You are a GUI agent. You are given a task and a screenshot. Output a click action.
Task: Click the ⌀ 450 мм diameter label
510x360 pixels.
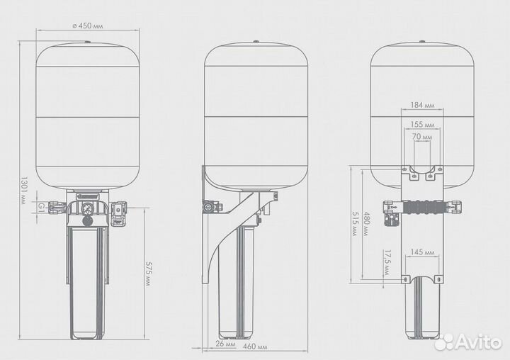[x=87, y=26]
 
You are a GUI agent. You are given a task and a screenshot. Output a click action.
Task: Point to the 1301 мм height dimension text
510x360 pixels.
[x=23, y=191]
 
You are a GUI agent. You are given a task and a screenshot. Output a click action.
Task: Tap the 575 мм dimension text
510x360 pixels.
[x=148, y=274]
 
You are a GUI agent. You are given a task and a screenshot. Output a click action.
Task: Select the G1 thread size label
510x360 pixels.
[x=41, y=206]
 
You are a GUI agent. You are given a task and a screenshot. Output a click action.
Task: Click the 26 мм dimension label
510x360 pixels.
[x=225, y=344]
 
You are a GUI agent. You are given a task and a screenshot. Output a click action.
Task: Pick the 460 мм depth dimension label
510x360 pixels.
[x=255, y=347]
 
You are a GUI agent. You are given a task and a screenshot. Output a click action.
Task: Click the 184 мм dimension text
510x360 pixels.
[x=422, y=105]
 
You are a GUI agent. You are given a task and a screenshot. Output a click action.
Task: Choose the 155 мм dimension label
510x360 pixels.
[x=422, y=124]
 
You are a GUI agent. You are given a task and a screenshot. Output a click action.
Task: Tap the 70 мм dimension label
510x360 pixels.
[x=422, y=137]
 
